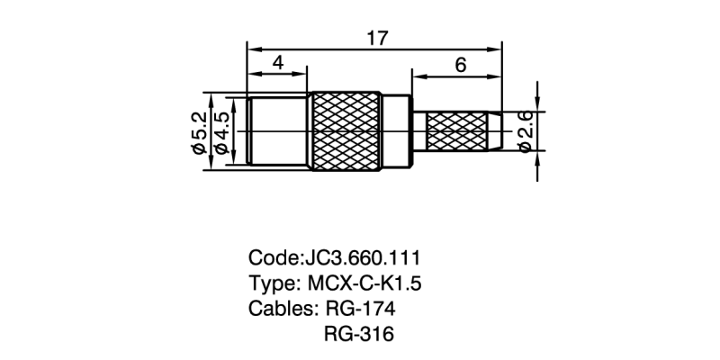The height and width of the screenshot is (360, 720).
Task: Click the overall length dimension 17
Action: (x=376, y=37)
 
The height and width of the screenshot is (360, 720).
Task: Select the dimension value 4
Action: (x=277, y=63)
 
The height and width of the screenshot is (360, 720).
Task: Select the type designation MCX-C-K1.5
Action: (x=365, y=283)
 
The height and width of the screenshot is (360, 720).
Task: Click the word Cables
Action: (x=279, y=308)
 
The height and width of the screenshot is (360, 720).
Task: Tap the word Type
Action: (x=269, y=283)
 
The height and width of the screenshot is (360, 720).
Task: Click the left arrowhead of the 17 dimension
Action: (x=252, y=48)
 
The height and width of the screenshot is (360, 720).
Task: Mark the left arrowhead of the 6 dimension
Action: (x=418, y=75)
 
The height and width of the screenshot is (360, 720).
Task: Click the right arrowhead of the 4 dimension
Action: (x=302, y=75)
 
